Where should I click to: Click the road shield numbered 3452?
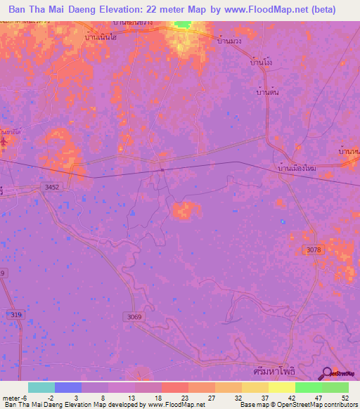click(51, 187)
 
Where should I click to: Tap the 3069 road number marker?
click(135, 317)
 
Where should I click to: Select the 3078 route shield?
click(314, 250)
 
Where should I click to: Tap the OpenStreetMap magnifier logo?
click(326, 374)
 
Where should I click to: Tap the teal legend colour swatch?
click(41, 387)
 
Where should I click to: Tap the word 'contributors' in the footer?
click(340, 405)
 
